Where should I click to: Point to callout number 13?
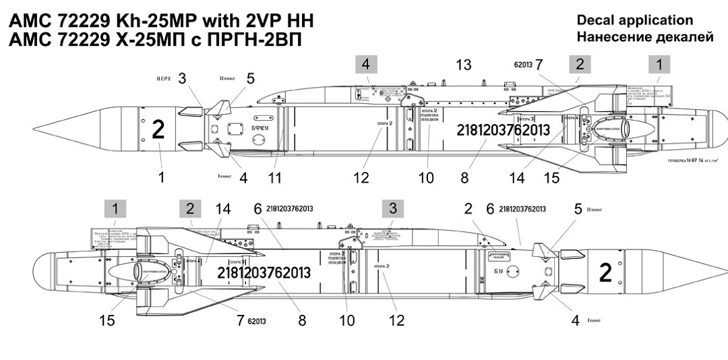tap(464, 65)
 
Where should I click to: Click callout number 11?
tap(274, 178)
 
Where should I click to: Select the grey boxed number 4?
tap(366, 65)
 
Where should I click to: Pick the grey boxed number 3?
tap(392, 206)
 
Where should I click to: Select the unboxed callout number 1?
tap(160, 178)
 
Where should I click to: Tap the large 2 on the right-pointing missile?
tap(605, 272)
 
